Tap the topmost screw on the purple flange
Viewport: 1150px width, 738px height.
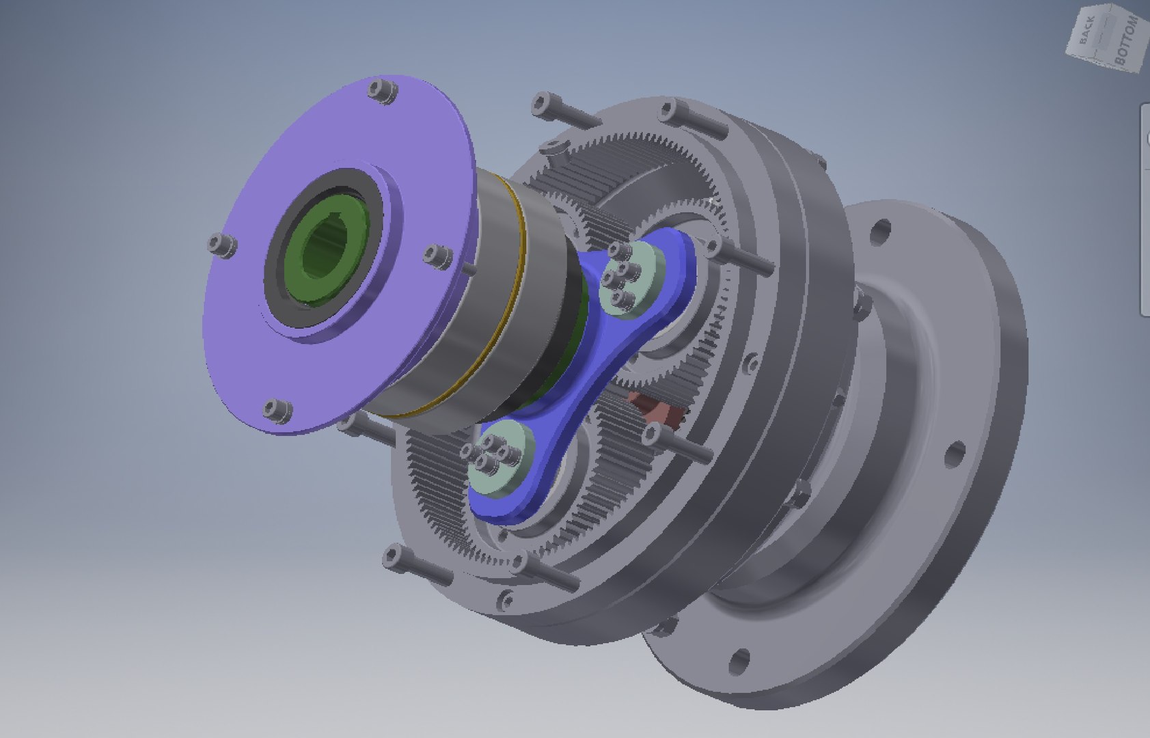click(382, 91)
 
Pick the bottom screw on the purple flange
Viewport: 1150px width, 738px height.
click(277, 410)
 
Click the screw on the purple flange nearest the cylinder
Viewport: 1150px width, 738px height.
click(435, 256)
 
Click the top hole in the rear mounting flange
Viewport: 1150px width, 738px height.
click(881, 228)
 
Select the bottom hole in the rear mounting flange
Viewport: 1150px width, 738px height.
click(738, 661)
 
